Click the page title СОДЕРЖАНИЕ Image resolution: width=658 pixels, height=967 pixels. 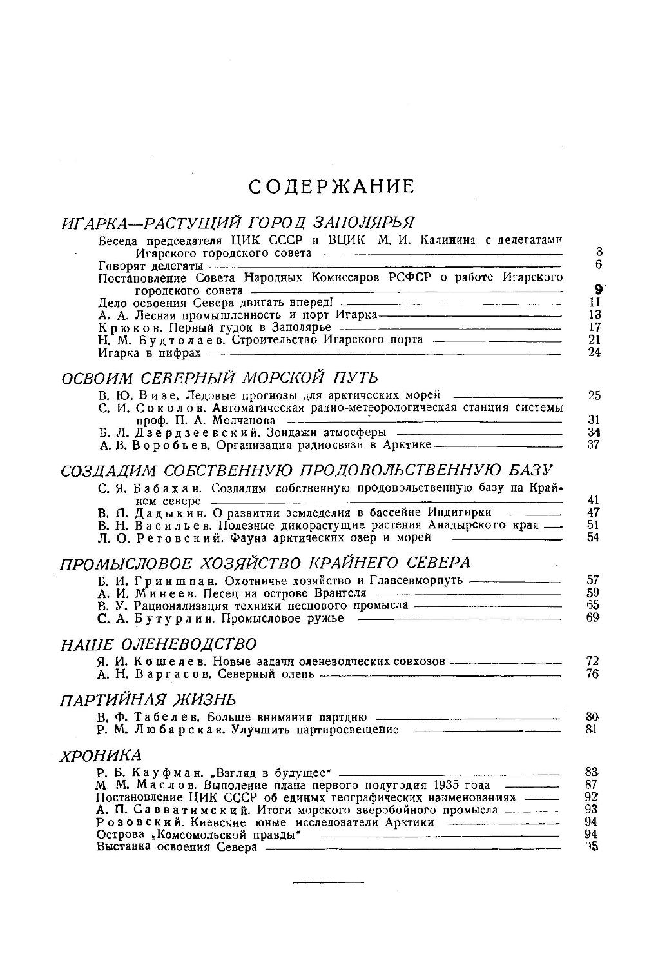(331, 187)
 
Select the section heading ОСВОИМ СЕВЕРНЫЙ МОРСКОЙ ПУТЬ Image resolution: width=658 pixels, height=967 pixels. (220, 378)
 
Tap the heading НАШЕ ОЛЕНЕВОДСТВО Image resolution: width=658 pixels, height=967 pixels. (159, 644)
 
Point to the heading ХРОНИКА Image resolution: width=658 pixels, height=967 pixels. (101, 755)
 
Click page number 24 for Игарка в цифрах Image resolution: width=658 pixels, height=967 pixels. (594, 353)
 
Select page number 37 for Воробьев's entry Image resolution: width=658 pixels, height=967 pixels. (594, 444)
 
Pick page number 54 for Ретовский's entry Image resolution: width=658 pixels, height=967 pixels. (594, 537)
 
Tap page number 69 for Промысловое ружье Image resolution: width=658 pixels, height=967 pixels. (594, 618)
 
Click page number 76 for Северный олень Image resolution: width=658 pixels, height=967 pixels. (594, 674)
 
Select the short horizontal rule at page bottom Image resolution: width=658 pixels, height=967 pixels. (328, 881)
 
